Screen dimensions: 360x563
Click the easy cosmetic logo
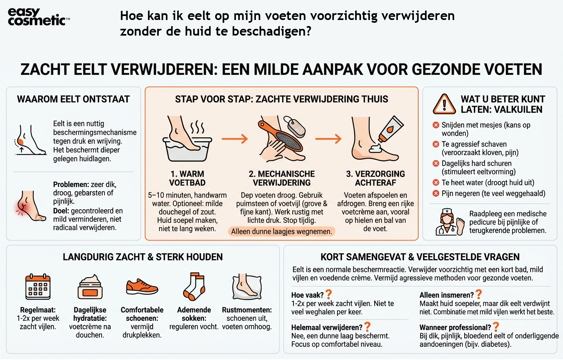click(x=38, y=17)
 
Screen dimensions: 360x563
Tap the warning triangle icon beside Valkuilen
click(x=444, y=104)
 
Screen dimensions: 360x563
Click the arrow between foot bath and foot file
click(x=235, y=139)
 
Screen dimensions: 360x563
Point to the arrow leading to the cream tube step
click(x=328, y=139)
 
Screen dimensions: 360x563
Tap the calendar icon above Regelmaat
click(x=38, y=287)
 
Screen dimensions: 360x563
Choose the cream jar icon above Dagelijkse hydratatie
click(x=90, y=287)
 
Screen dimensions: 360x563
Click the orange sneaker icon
click(x=142, y=287)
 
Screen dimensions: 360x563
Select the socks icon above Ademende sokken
click(x=194, y=287)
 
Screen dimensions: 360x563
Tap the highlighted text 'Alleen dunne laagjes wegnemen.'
click(x=281, y=232)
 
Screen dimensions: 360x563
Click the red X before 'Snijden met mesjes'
click(x=436, y=125)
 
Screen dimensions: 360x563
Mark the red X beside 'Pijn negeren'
click(x=436, y=194)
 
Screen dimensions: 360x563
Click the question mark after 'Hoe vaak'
click(x=329, y=294)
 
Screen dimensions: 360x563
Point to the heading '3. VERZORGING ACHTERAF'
click(x=375, y=178)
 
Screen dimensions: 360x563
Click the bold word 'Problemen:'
click(x=71, y=184)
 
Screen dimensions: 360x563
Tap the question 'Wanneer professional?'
click(x=455, y=328)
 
